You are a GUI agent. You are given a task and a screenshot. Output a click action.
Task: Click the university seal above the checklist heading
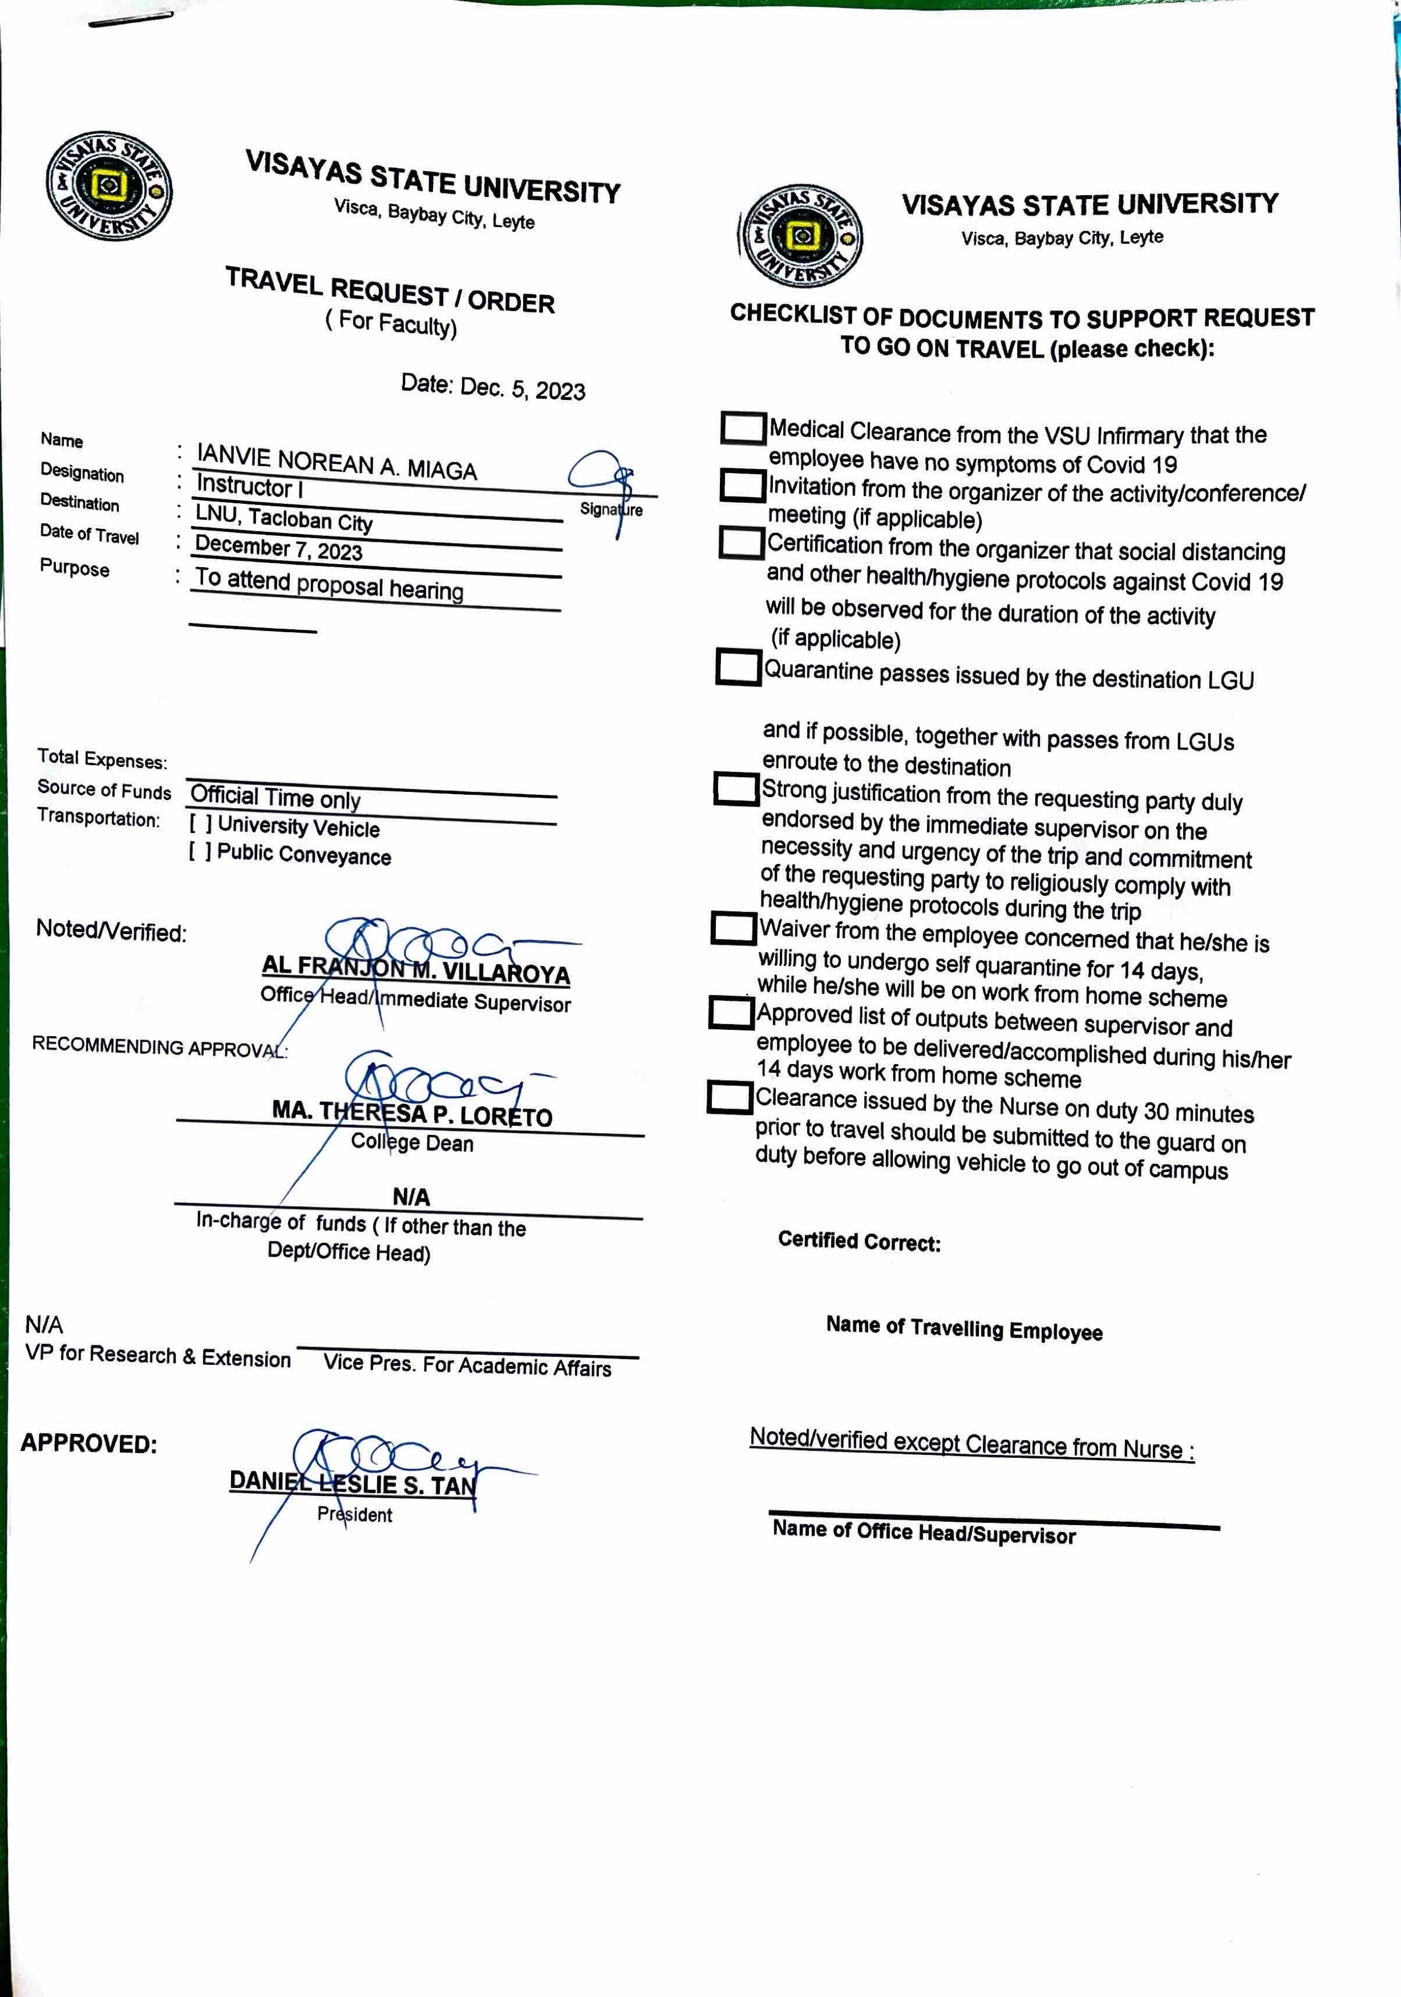point(801,236)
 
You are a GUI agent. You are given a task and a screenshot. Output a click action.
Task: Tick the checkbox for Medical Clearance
point(743,428)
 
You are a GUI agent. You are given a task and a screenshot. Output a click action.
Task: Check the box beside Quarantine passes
point(738,667)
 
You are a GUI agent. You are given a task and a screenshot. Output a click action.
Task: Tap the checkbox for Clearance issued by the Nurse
point(729,1097)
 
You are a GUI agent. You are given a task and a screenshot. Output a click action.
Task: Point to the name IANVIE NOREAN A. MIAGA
point(337,461)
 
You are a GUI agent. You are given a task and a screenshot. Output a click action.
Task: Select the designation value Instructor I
point(250,486)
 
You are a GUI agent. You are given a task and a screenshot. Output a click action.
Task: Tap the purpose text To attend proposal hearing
point(329,584)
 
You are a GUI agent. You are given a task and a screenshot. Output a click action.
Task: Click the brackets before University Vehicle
point(200,823)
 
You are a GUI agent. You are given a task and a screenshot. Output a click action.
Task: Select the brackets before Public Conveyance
point(199,851)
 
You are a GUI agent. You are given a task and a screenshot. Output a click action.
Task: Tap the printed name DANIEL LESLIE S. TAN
point(352,1483)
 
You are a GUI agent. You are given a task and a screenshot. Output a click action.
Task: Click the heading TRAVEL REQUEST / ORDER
point(390,290)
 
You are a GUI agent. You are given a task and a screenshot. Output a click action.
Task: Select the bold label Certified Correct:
point(859,1241)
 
